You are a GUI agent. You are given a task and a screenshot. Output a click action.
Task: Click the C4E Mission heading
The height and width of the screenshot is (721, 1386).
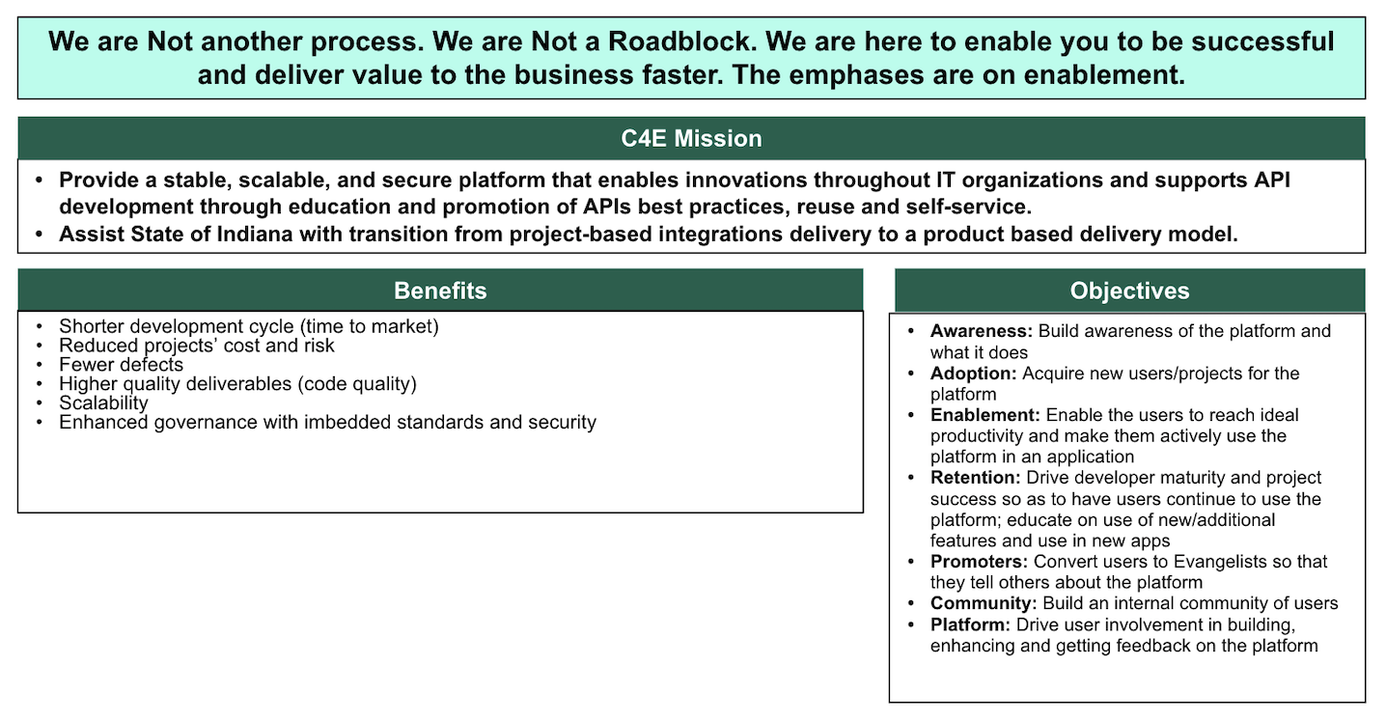point(691,139)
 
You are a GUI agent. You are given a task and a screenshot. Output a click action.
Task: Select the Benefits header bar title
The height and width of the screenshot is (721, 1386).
point(440,291)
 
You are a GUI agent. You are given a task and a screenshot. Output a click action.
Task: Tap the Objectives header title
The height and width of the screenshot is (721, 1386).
point(1129,291)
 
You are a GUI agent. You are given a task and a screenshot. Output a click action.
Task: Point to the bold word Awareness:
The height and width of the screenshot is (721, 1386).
point(982,331)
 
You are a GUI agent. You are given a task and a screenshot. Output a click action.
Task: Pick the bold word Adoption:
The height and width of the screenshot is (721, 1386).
point(974,374)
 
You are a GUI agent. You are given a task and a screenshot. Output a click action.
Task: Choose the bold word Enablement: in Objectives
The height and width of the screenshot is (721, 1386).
point(985,415)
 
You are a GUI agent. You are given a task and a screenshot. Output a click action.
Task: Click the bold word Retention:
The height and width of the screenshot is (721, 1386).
point(975,478)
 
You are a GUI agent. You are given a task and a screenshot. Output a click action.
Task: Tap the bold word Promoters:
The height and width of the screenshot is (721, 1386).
point(979,562)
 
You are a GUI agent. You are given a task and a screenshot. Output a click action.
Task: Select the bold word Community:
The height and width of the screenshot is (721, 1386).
point(984,603)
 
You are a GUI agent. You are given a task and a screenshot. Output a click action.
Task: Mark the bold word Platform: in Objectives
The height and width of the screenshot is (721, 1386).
point(970,625)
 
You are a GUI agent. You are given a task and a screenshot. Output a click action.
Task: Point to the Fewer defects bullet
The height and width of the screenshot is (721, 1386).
point(121,365)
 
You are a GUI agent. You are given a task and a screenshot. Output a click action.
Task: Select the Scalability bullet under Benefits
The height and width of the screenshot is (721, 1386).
point(103,403)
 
